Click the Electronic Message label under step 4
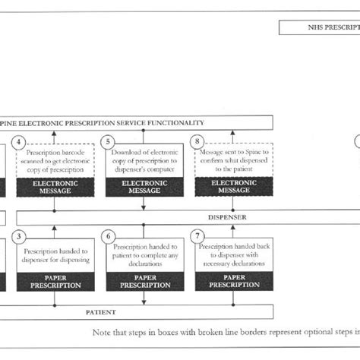(x=54, y=187)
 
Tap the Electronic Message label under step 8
(x=234, y=187)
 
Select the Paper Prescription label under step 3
(x=54, y=282)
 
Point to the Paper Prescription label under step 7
(x=234, y=282)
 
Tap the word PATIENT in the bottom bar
(x=102, y=311)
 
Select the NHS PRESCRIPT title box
(x=319, y=28)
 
